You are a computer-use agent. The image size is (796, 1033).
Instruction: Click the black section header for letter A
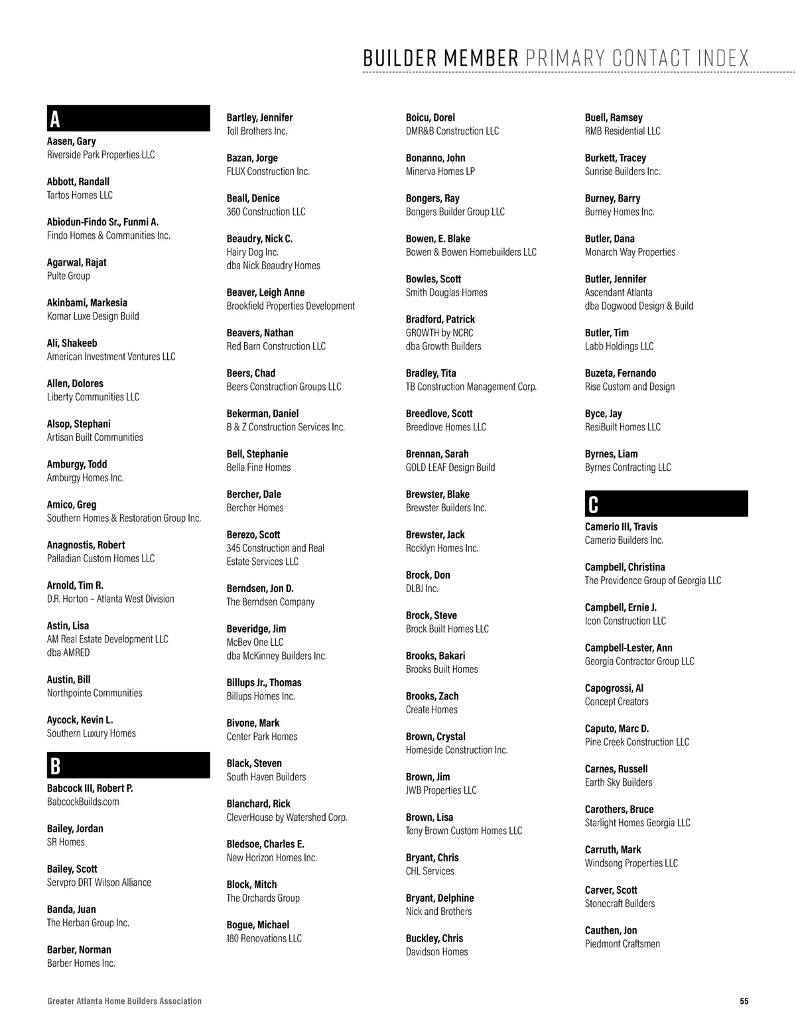[128, 119]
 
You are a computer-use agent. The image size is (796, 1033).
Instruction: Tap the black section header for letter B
[128, 765]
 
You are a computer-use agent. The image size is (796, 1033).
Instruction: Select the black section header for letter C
[666, 504]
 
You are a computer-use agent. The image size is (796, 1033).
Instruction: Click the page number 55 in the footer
[744, 1001]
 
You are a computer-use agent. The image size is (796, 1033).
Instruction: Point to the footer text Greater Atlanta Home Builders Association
[124, 1001]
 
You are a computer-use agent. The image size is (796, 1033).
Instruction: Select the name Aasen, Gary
[71, 141]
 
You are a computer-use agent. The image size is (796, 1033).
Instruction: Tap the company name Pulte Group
[68, 276]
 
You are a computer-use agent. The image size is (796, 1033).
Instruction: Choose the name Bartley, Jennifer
[259, 117]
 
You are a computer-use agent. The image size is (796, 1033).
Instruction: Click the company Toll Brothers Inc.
[257, 131]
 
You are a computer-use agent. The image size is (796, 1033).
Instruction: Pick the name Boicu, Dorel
[430, 117]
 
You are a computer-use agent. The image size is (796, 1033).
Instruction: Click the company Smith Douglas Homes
[446, 292]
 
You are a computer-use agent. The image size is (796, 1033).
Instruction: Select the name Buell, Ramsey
[614, 117]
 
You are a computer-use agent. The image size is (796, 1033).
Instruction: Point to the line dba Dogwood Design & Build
[639, 306]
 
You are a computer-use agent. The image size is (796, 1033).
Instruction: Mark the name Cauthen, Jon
[611, 930]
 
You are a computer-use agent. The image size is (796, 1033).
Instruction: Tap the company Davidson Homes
[436, 952]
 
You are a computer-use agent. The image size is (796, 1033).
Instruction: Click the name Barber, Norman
[79, 949]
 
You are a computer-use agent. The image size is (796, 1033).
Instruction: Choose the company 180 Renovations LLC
[264, 938]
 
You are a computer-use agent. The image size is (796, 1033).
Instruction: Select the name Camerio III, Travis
[621, 526]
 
